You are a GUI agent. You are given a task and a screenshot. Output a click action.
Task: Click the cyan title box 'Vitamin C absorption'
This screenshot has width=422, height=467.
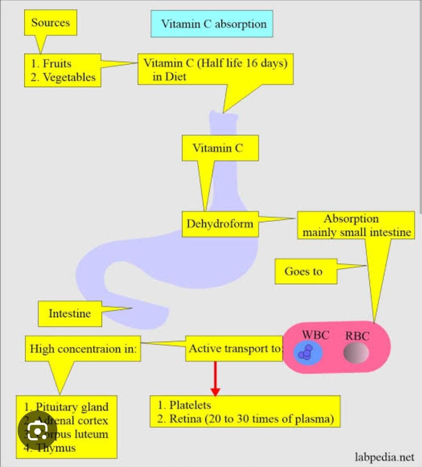[212, 24]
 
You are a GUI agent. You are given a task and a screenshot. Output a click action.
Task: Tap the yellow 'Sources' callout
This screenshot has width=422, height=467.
[50, 22]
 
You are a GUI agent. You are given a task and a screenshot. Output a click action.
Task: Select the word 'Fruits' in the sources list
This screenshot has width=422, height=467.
[57, 64]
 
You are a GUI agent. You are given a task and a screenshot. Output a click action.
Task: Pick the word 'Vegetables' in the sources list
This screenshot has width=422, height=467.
[69, 77]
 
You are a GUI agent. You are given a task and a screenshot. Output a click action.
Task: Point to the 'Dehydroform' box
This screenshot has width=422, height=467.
[220, 224]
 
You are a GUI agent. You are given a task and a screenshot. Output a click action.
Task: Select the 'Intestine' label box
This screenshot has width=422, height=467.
[69, 314]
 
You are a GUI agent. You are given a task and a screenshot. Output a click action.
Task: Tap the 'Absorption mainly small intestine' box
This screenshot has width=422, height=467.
[356, 225]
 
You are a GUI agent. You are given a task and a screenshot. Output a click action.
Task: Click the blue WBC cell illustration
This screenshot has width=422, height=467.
[308, 352]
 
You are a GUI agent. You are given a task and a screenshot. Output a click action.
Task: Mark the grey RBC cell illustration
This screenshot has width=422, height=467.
[356, 352]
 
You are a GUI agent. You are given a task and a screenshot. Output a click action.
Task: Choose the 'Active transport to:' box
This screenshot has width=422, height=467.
[234, 348]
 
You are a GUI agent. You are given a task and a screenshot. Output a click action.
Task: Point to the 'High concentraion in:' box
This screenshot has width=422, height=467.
[83, 348]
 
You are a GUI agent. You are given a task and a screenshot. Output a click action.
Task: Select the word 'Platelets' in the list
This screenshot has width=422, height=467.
[190, 405]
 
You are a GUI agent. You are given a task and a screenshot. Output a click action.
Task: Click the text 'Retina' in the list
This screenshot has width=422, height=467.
[185, 419]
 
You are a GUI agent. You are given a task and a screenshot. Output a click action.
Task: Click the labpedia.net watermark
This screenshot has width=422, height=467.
[384, 457]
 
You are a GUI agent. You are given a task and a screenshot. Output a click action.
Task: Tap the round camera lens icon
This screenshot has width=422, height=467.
[38, 431]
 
